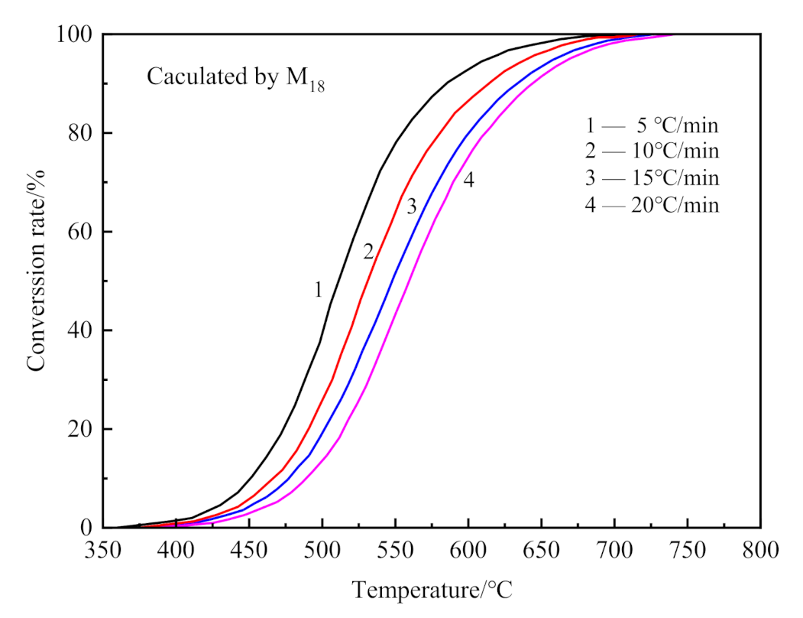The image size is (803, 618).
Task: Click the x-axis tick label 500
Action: pyautogui.click(x=322, y=551)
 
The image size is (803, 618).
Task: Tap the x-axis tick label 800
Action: pyautogui.click(x=760, y=551)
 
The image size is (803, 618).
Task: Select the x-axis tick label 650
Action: pyautogui.click(x=541, y=551)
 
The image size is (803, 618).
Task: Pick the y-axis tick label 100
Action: pyautogui.click(x=73, y=34)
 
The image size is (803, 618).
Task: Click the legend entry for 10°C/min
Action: pyautogui.click(x=649, y=151)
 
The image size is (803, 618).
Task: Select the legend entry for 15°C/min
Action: pyautogui.click(x=649, y=178)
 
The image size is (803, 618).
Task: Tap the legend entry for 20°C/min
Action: pyautogui.click(x=649, y=205)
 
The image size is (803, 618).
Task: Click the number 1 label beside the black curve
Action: pyautogui.click(x=317, y=290)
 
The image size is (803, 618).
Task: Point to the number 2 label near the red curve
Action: pyautogui.click(x=368, y=252)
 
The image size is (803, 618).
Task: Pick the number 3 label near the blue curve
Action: pyautogui.click(x=411, y=206)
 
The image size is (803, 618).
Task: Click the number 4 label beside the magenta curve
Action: pyautogui.click(x=468, y=181)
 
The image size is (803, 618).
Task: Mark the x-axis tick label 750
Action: pyautogui.click(x=688, y=551)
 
